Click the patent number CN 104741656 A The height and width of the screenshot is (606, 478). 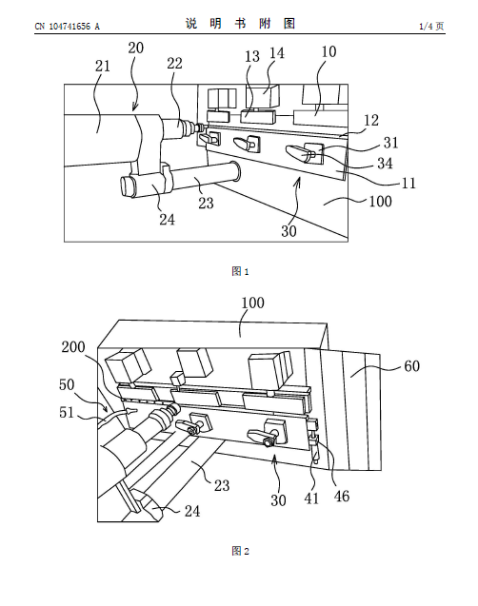tap(68, 27)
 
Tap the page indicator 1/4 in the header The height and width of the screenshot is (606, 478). tap(426, 27)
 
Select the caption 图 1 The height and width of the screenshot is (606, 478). tap(240, 271)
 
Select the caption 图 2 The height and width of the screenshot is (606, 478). tap(240, 551)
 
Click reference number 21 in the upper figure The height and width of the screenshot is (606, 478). tap(103, 66)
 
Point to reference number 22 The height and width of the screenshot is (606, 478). tap(174, 64)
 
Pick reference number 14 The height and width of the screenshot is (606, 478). tap(277, 53)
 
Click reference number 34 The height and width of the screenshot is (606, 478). tap(385, 164)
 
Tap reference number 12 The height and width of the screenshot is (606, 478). tap(371, 120)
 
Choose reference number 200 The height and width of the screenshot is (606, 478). tap(73, 346)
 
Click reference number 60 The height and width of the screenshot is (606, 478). tap(412, 365)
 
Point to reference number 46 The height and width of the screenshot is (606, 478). tap(342, 497)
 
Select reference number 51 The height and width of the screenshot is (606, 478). tap(67, 412)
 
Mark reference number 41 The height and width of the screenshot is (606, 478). tap(311, 498)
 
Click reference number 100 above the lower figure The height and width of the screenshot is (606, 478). tap(253, 303)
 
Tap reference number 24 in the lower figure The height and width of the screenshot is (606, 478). tap(192, 511)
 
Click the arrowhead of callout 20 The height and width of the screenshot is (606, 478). tap(134, 108)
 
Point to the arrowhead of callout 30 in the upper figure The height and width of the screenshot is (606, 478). tap(299, 181)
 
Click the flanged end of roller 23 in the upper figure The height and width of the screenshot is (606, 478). tap(235, 171)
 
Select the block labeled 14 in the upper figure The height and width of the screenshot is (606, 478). tap(263, 95)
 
